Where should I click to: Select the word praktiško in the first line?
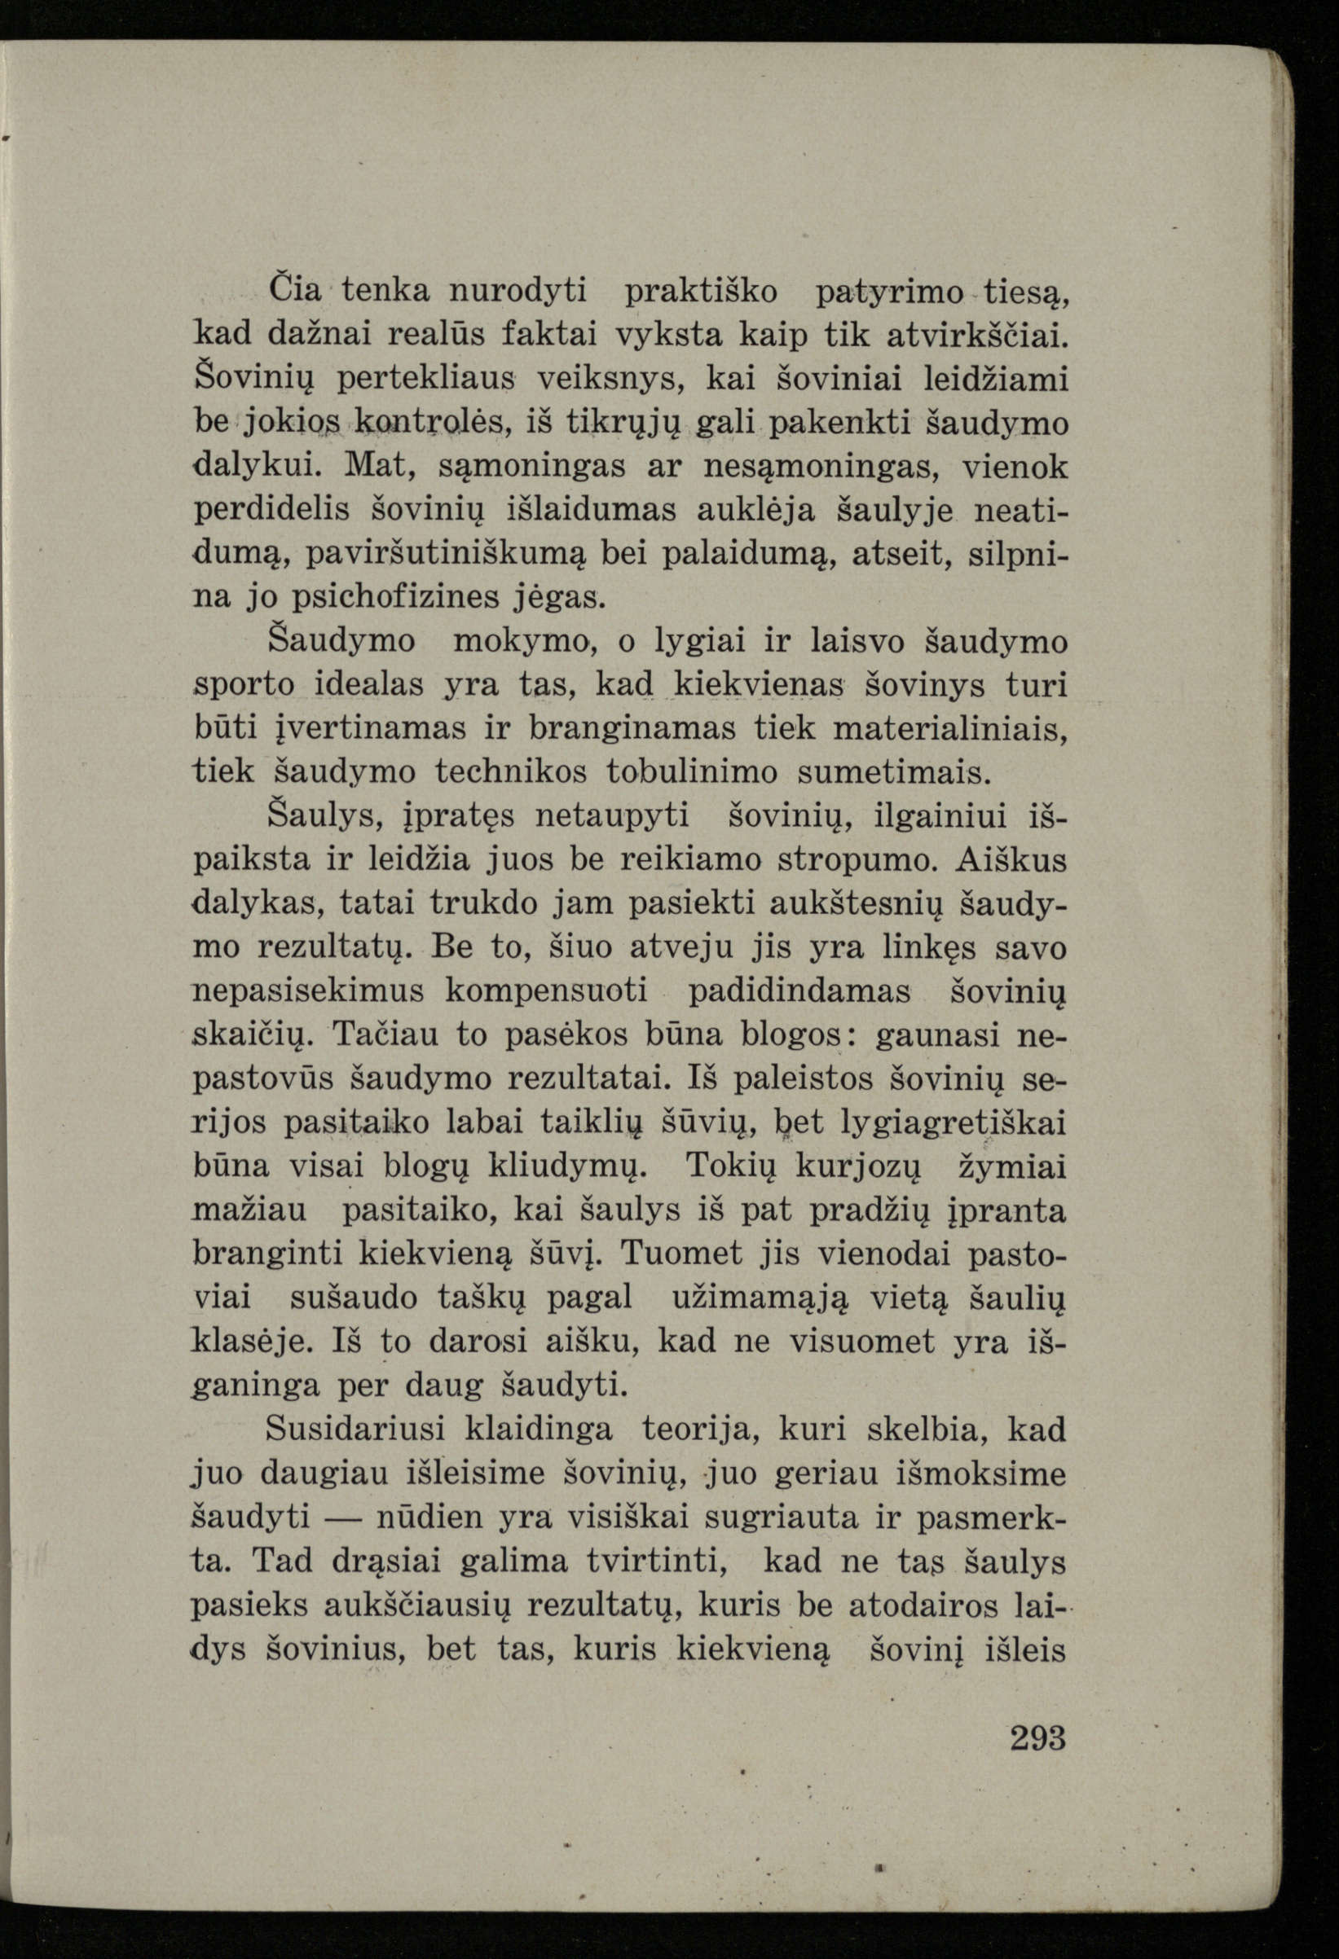pyautogui.click(x=702, y=292)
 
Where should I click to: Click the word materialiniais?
pyautogui.click(x=950, y=729)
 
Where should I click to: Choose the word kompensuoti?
pyautogui.click(x=546, y=991)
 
